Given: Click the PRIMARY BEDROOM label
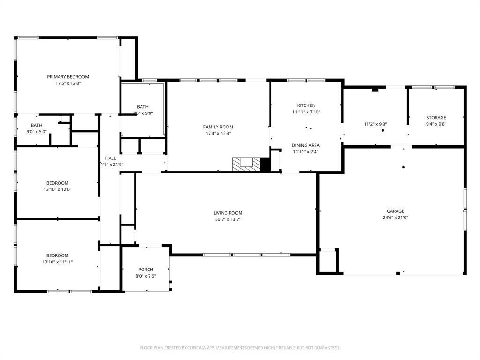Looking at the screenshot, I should [x=68, y=77].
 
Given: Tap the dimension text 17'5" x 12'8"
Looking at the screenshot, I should [x=68, y=83].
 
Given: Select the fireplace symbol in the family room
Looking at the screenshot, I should [x=247, y=163].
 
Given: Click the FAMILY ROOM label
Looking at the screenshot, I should [x=218, y=127].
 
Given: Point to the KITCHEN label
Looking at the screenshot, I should [x=306, y=105].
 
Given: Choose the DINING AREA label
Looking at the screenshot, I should [x=306, y=145].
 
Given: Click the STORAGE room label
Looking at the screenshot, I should [x=436, y=118].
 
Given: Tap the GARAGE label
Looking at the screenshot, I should [x=395, y=211].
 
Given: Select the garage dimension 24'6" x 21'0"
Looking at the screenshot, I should [x=395, y=217].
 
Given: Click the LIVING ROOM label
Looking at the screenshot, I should [x=228, y=213].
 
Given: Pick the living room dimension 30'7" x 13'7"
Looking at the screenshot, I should [x=228, y=219].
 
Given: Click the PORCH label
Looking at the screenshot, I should [x=146, y=270].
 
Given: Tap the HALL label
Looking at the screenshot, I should [x=111, y=158].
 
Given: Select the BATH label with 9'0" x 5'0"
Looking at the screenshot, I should [x=37, y=125].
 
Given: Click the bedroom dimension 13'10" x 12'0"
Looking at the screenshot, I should [x=57, y=190].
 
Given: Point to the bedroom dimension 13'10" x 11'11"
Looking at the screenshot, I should [x=57, y=262].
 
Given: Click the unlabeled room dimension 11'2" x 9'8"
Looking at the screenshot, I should [x=375, y=124].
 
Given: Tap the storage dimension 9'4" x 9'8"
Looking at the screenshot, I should [x=436, y=124].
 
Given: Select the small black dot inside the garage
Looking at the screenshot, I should [x=403, y=167].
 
